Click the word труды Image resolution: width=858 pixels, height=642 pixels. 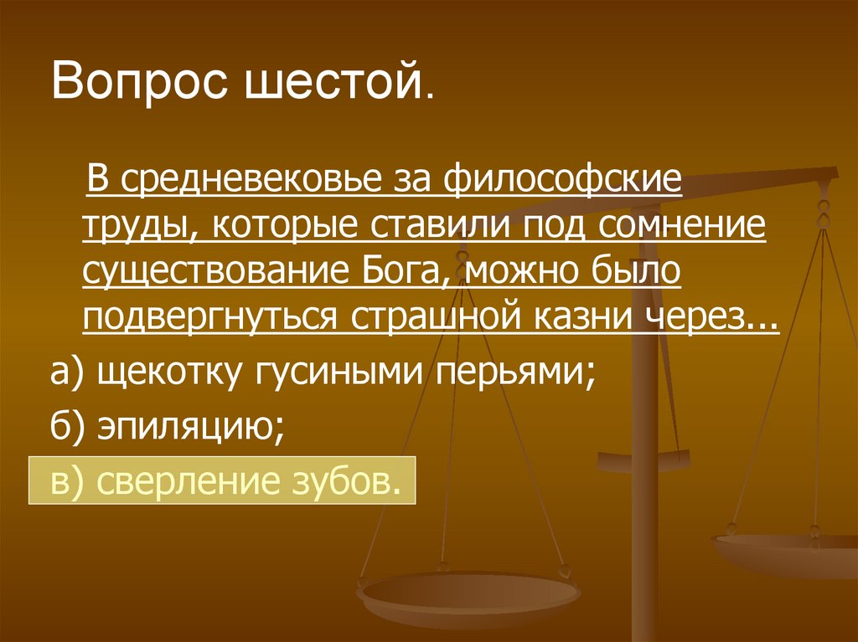[134, 227]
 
